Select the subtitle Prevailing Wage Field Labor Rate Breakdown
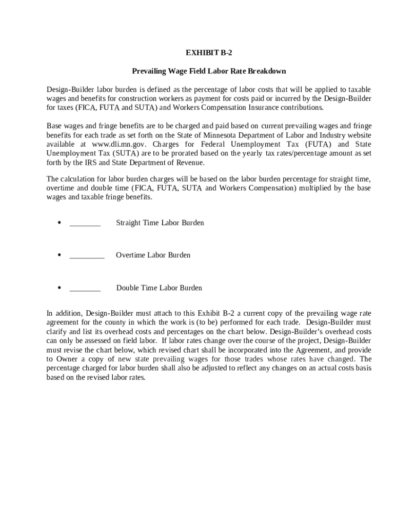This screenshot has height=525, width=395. (x=209, y=71)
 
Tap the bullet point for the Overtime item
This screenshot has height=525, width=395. (x=60, y=255)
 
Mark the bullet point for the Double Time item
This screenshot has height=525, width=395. (x=60, y=288)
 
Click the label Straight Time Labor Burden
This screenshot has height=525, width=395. (x=160, y=223)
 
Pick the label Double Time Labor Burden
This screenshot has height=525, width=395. (x=159, y=288)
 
